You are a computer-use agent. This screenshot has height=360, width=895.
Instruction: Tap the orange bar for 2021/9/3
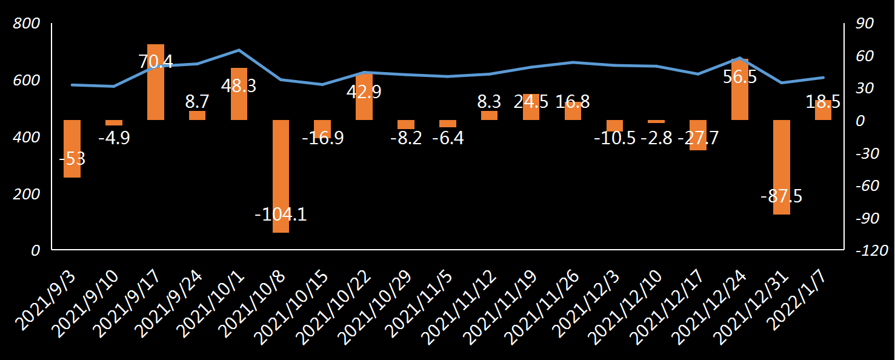[x=72, y=148]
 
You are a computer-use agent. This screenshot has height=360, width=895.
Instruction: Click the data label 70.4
[x=156, y=62]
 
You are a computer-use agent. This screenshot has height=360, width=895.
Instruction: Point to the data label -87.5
[x=782, y=196]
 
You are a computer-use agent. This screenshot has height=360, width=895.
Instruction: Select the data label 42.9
[x=364, y=92]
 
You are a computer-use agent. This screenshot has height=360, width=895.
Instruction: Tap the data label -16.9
[x=322, y=138]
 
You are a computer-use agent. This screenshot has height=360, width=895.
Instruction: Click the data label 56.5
[x=740, y=78]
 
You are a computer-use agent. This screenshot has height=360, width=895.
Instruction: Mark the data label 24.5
[x=531, y=102]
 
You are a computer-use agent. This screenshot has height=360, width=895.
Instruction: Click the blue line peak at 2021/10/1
[x=239, y=50]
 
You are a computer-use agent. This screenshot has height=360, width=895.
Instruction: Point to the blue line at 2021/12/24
[x=740, y=58]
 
